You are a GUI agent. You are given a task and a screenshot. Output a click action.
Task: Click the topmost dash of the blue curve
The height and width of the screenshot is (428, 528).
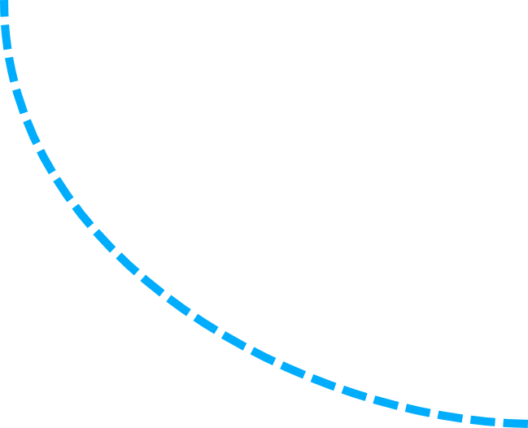(3, 8)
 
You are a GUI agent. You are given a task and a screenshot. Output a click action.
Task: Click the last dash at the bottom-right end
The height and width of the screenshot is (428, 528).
(515, 423)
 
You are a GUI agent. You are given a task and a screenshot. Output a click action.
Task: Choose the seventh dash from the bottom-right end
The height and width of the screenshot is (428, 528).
(323, 380)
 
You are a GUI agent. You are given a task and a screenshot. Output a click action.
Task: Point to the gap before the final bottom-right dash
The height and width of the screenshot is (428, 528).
(499, 421)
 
